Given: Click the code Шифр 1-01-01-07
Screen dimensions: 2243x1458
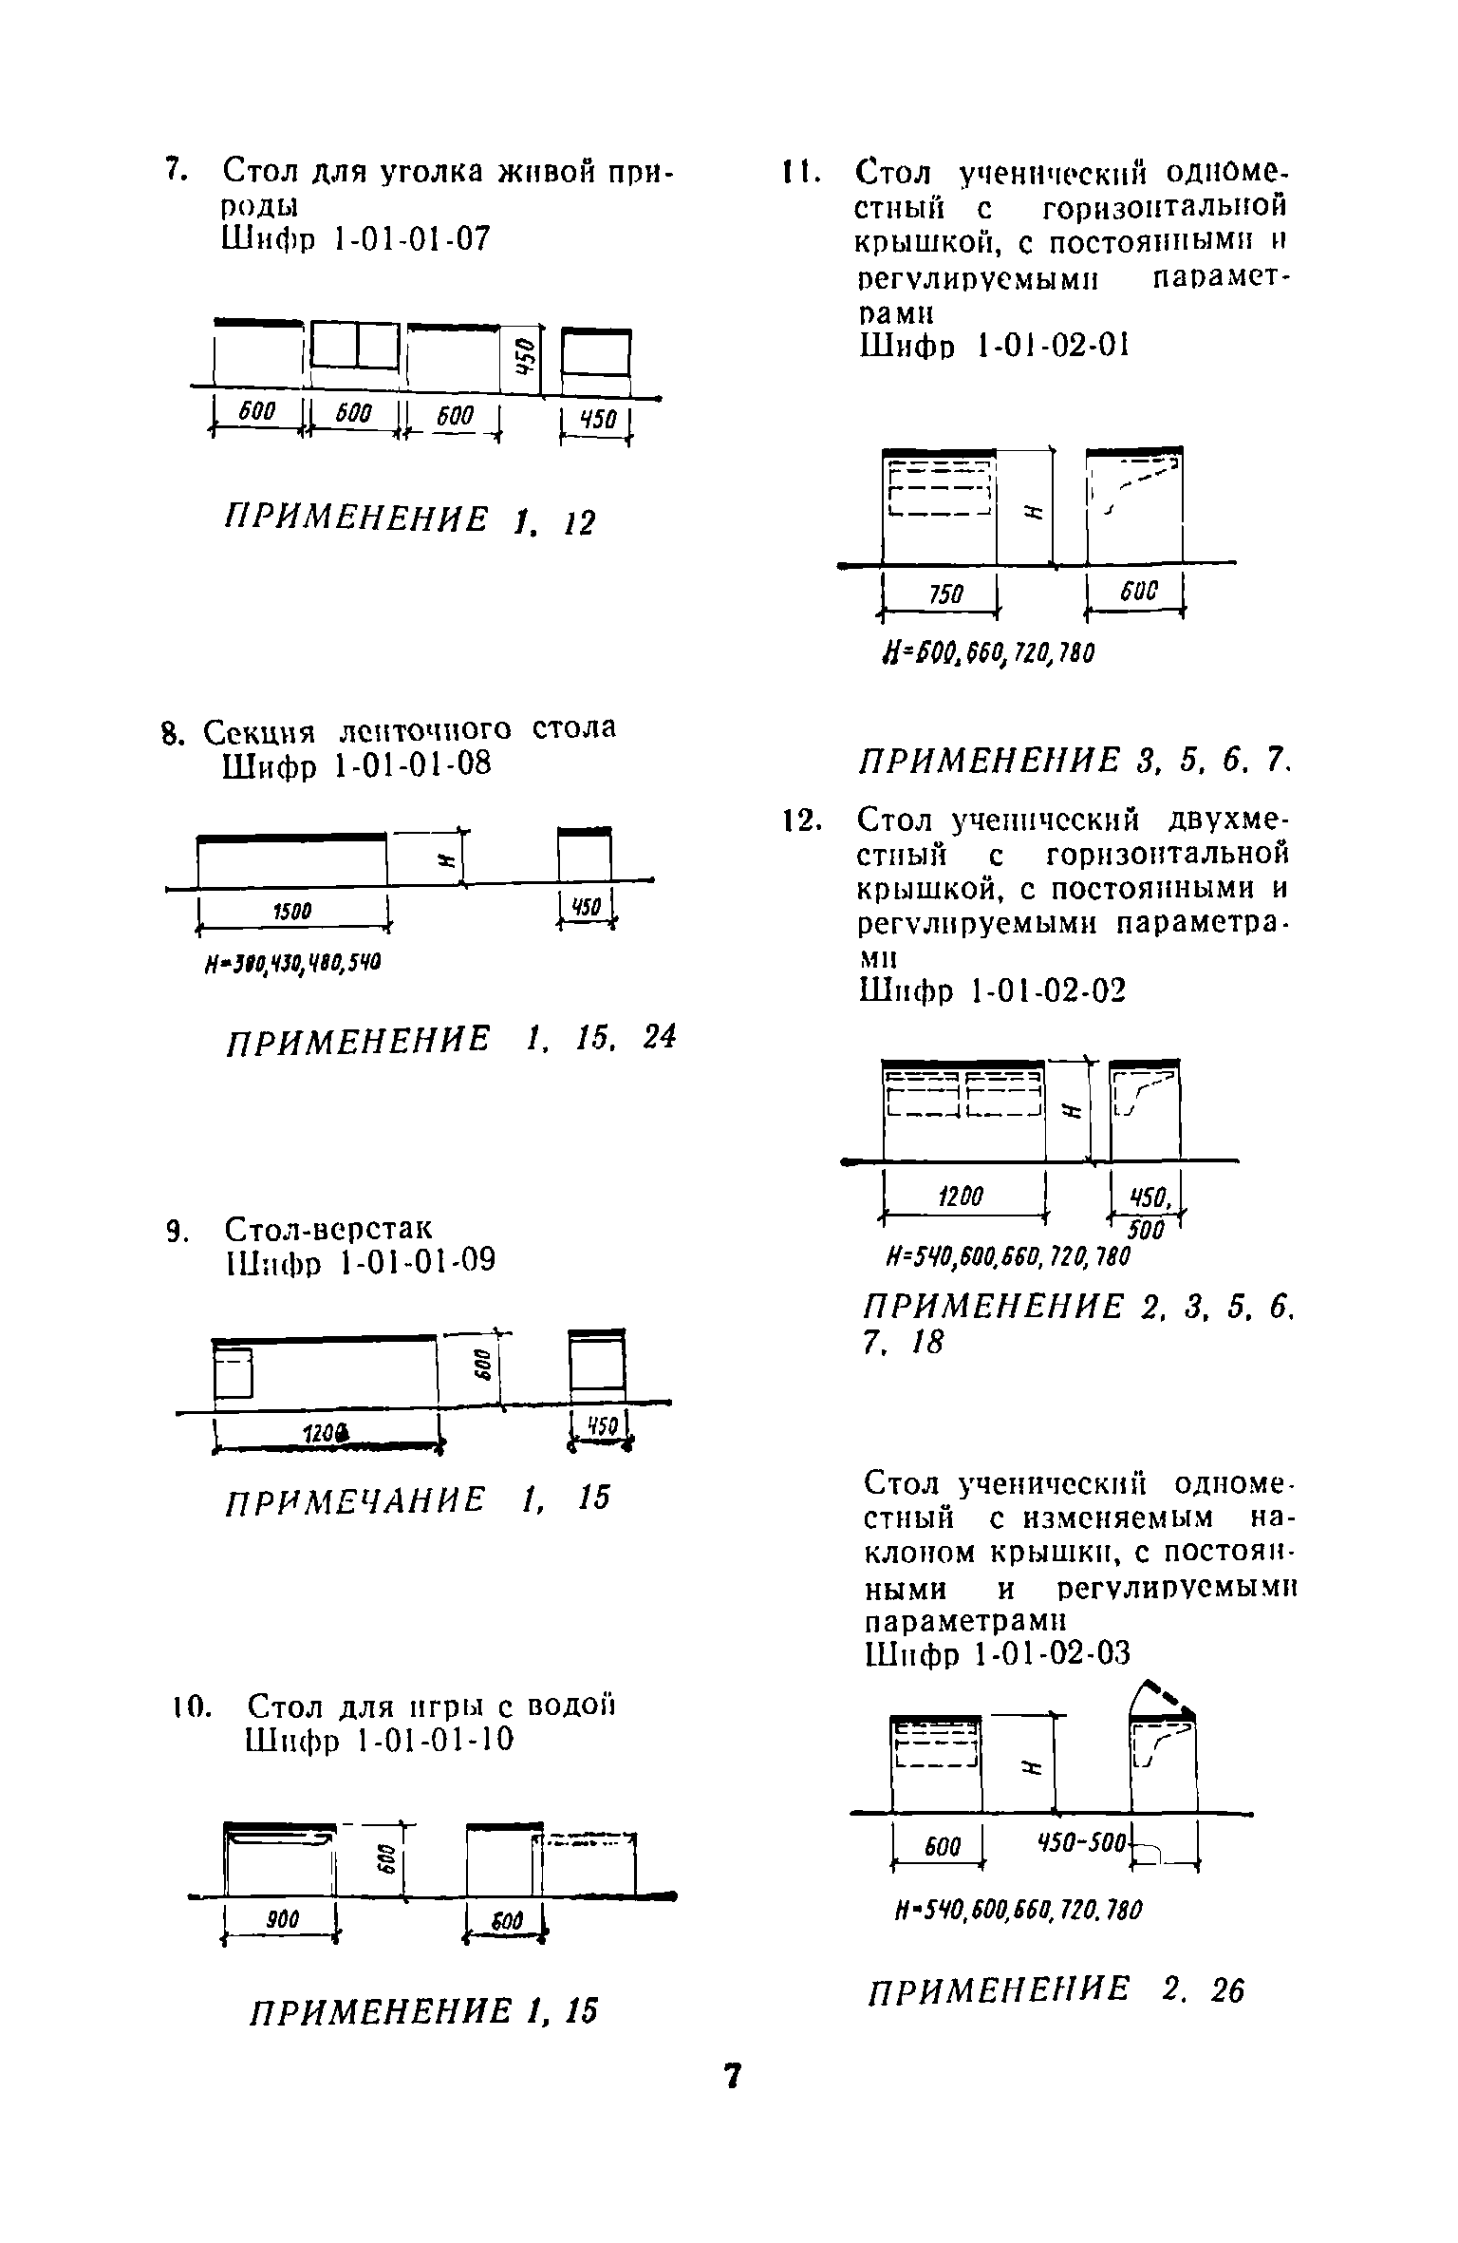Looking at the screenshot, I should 356,239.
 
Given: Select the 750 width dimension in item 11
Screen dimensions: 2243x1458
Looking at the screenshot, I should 945,594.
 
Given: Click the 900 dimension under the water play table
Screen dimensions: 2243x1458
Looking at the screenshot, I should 282,1919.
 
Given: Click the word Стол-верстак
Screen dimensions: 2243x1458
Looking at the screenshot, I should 327,1228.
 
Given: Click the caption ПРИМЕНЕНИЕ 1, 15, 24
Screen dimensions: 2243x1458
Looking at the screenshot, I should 450,1038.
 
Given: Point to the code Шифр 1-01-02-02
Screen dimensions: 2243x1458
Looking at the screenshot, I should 992,990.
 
